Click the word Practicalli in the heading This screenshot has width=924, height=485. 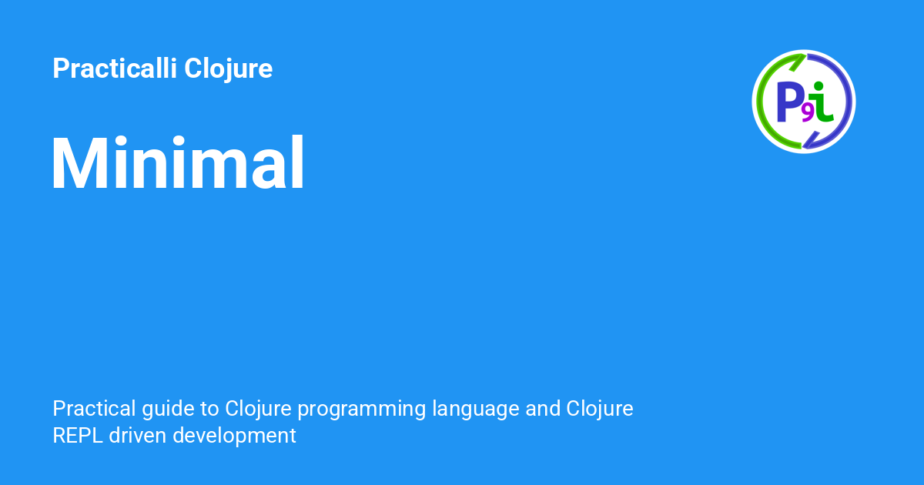[114, 69]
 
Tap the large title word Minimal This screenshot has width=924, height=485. [178, 164]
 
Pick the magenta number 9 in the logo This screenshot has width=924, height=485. [807, 113]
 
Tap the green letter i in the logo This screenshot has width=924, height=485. [822, 102]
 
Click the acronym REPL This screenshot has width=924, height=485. [78, 436]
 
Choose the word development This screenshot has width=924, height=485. [234, 436]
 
